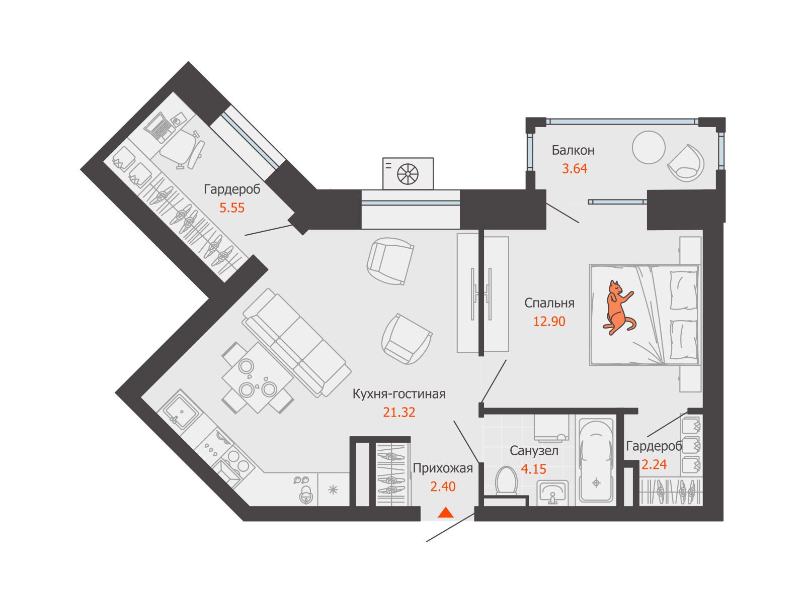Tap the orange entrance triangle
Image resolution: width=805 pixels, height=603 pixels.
tap(446, 513)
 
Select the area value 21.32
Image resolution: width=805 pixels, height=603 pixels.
tap(399, 412)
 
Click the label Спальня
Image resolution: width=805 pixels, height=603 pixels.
tap(549, 303)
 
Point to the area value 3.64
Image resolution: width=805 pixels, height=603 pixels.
tap(575, 168)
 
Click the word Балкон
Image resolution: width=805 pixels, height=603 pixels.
tap(573, 150)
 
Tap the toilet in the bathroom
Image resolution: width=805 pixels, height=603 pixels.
tap(506, 481)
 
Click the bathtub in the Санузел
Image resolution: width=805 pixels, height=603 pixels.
tap(596, 461)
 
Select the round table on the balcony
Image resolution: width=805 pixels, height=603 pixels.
tap(649, 147)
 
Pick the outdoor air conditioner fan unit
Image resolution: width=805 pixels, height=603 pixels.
tap(408, 173)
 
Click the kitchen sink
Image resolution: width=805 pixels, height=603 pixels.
tap(181, 411)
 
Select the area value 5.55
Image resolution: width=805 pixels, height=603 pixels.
tap(232, 208)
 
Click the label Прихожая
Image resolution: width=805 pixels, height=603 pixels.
tap(443, 468)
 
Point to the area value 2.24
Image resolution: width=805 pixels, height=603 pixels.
tap(654, 465)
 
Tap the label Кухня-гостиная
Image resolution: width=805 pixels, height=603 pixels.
tap(399, 394)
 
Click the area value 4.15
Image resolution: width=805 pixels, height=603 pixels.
tap(534, 469)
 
